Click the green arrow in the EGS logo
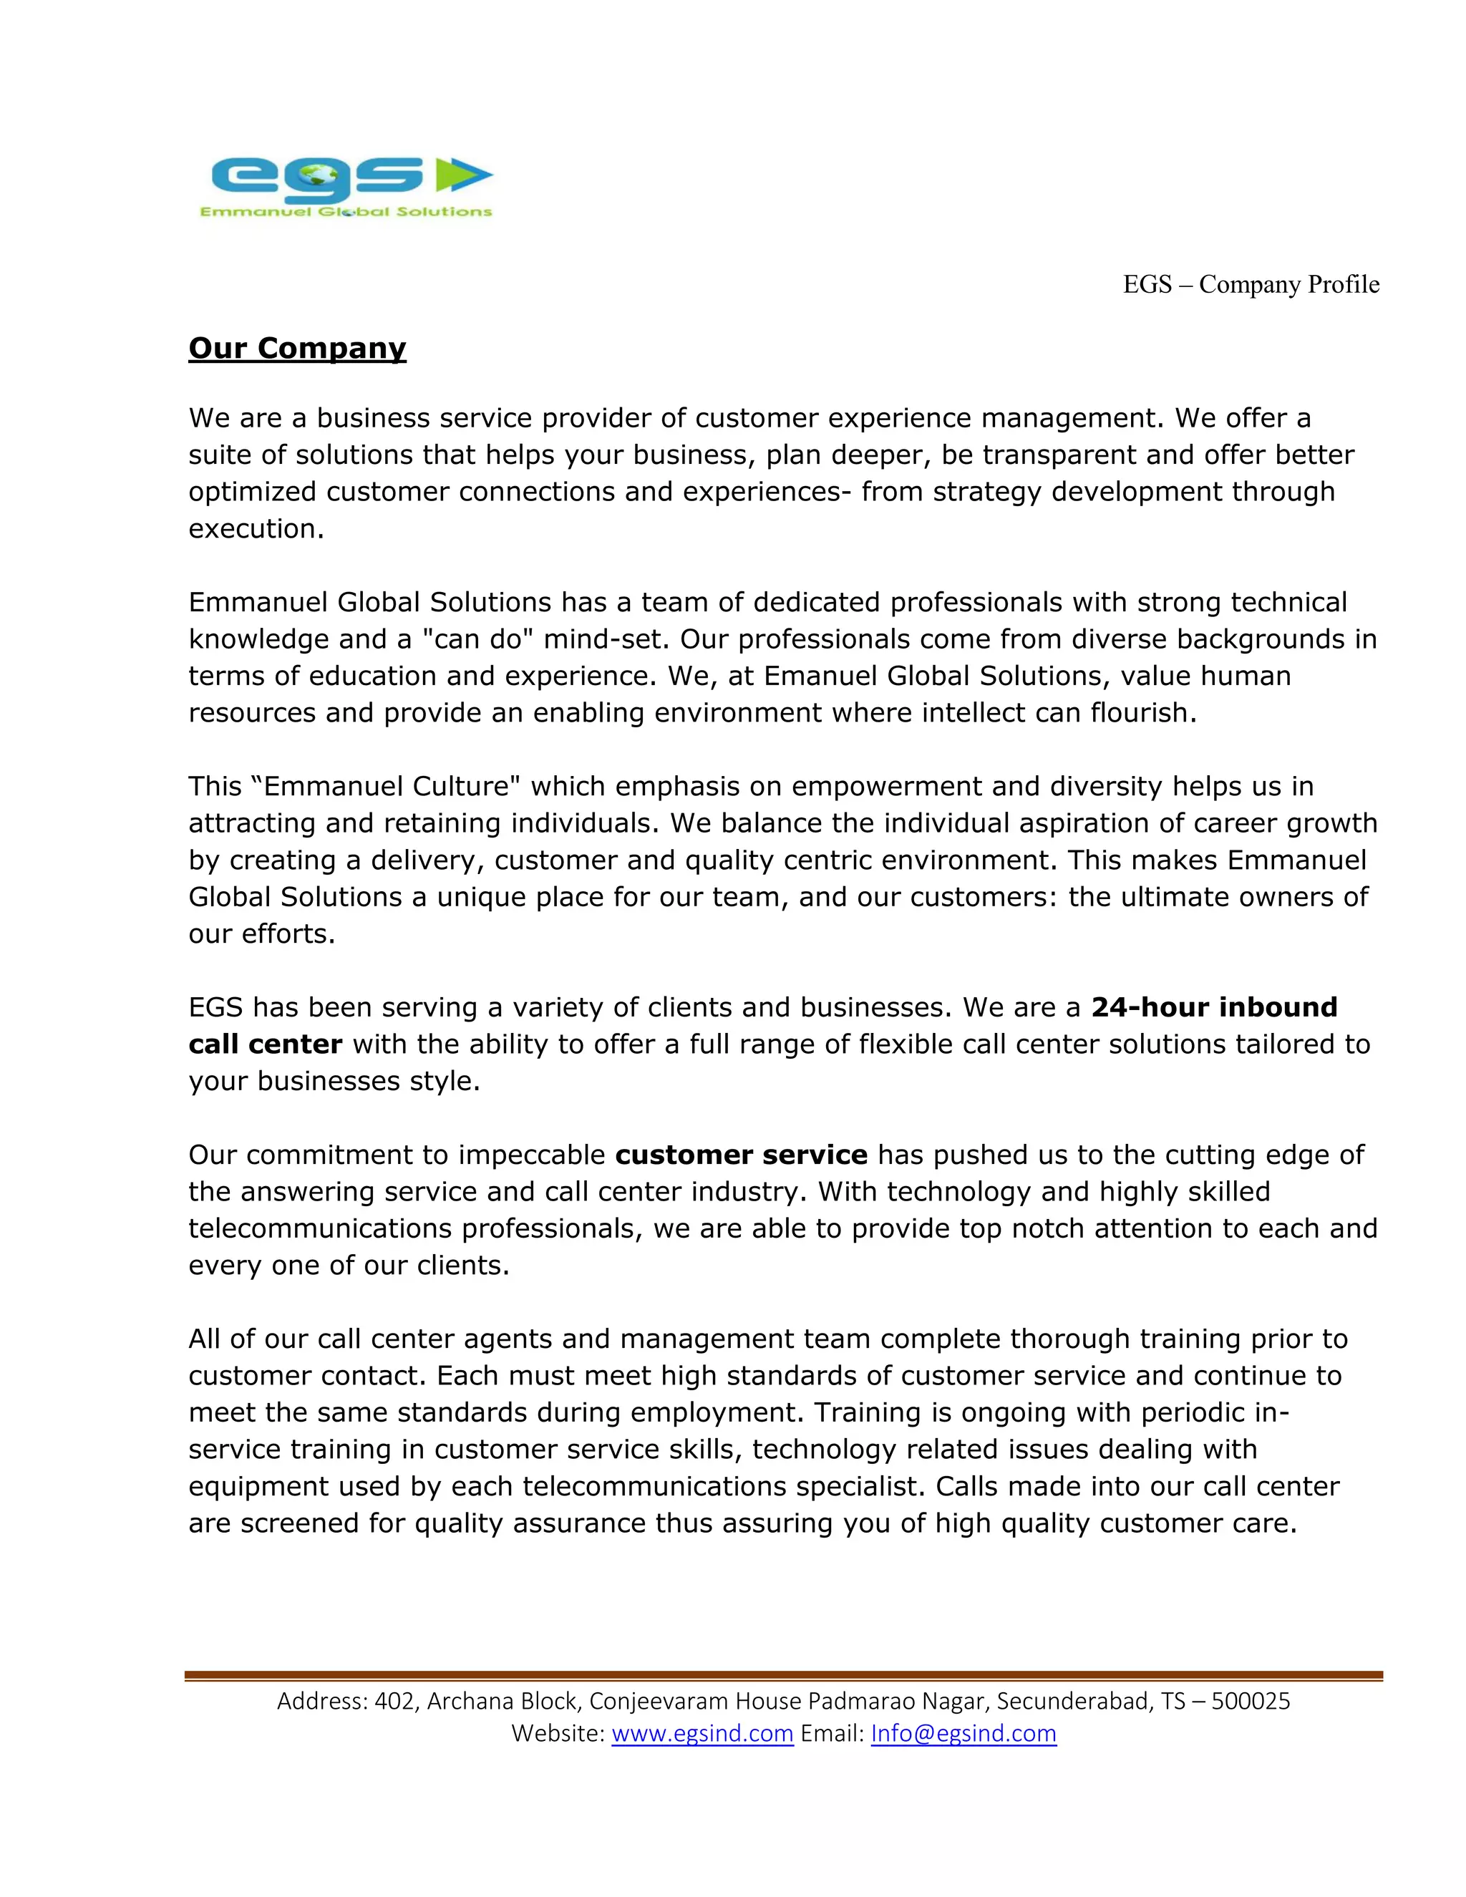(x=462, y=175)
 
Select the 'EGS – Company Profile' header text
(x=1251, y=285)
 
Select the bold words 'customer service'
(x=741, y=1155)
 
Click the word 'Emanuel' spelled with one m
(x=822, y=676)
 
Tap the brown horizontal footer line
(x=782, y=1674)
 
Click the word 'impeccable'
(x=532, y=1155)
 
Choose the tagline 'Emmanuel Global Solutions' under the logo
(x=346, y=211)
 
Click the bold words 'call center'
(x=265, y=1044)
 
